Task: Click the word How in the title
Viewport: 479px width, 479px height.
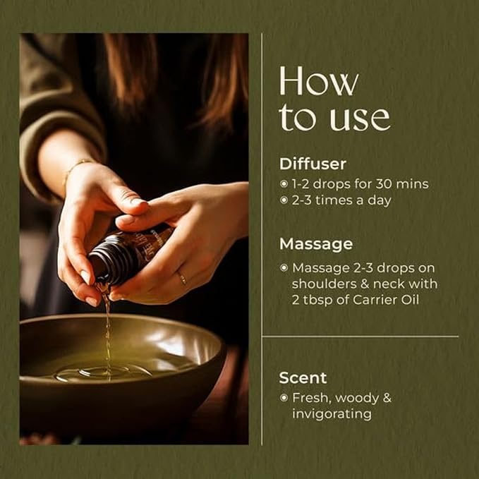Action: [x=319, y=80]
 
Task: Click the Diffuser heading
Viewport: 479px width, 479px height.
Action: [x=313, y=164]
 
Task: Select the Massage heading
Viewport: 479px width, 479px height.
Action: [x=316, y=244]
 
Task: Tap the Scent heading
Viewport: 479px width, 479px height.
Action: [x=303, y=378]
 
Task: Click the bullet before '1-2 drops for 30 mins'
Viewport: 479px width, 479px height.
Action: [x=284, y=184]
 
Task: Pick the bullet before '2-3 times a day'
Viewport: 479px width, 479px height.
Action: [x=284, y=200]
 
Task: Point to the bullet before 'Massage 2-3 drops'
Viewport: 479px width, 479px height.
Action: [x=284, y=268]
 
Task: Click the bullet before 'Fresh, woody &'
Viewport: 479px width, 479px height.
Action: [x=284, y=397]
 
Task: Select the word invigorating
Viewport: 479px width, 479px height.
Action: [x=332, y=415]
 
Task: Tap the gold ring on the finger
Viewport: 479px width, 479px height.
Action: [x=182, y=278]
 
